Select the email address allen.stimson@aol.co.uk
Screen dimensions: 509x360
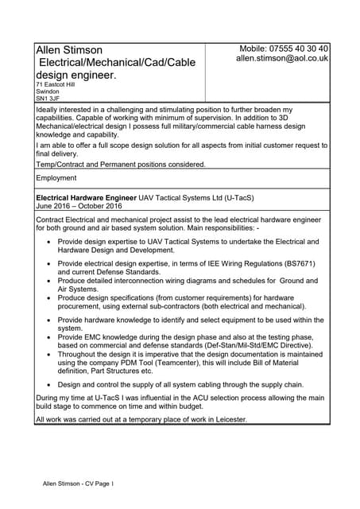[x=282, y=59]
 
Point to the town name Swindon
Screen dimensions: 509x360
[x=48, y=91]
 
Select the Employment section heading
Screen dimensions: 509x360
[x=56, y=178]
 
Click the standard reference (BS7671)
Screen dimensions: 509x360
[x=294, y=263]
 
